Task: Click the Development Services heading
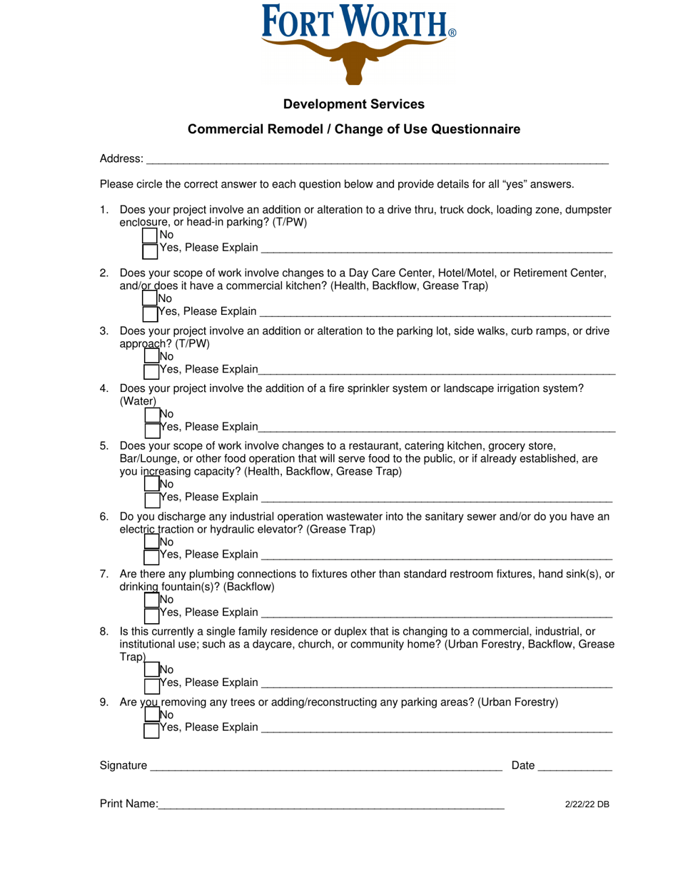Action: click(x=353, y=104)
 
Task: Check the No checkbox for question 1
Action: click(x=150, y=235)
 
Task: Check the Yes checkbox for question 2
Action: click(x=150, y=313)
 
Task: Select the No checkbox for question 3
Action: click(x=152, y=356)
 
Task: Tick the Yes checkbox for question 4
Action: click(x=152, y=428)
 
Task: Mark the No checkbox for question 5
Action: click(x=152, y=483)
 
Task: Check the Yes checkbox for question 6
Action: click(x=152, y=555)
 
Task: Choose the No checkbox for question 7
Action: click(x=152, y=599)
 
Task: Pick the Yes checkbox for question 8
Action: click(x=152, y=685)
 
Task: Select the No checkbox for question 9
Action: click(x=152, y=714)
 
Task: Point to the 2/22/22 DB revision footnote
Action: click(x=587, y=804)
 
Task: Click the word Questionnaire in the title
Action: click(x=475, y=129)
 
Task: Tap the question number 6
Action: click(x=104, y=517)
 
